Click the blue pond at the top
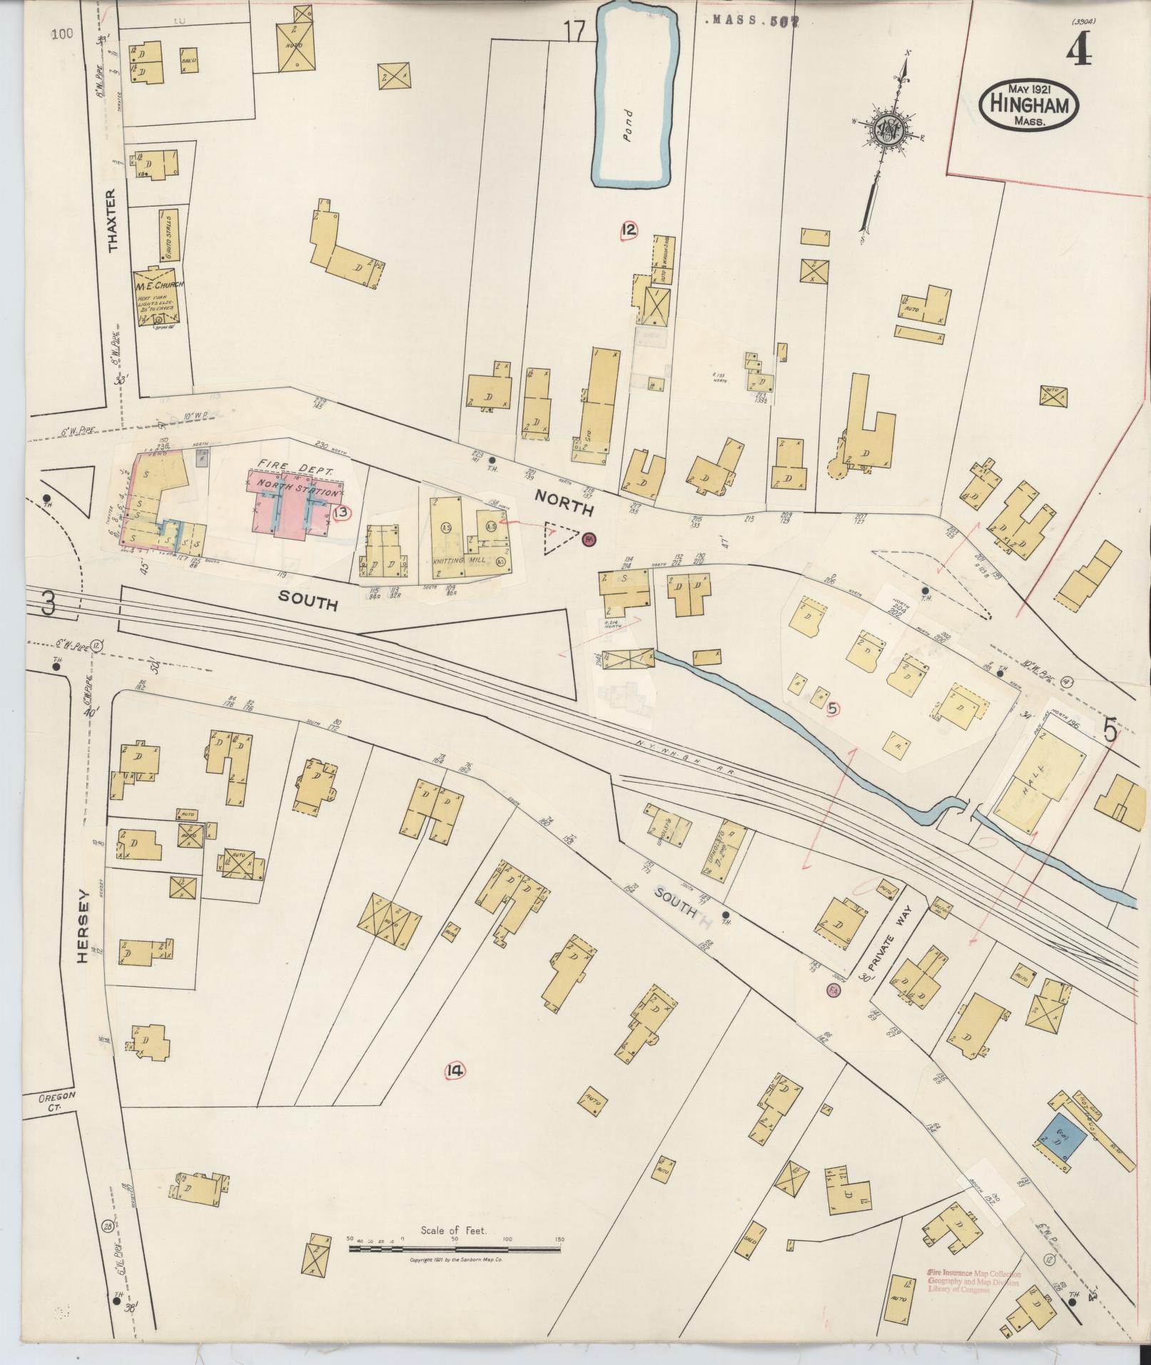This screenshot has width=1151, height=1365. (633, 96)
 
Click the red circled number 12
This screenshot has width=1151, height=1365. (629, 230)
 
